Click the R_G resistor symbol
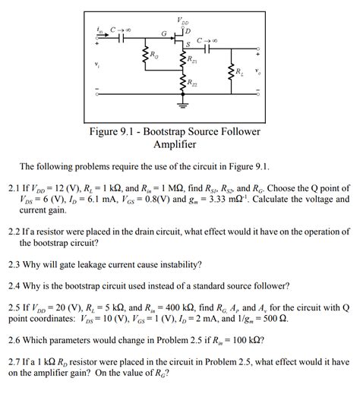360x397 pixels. point(144,56)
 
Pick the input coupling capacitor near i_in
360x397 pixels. point(119,39)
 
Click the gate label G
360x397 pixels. point(163,33)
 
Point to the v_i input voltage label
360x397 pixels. point(97,65)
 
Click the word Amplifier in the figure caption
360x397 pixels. point(175,144)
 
